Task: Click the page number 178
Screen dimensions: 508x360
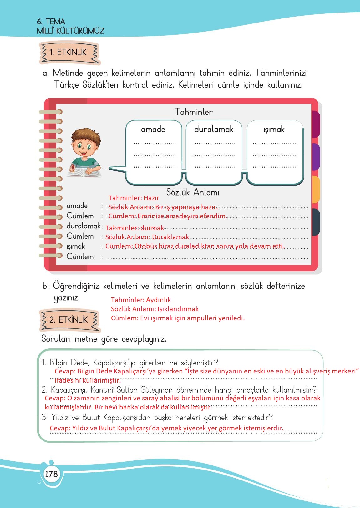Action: click(51, 474)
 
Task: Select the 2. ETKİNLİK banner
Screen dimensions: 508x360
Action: click(69, 319)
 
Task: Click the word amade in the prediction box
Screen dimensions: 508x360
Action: click(153, 129)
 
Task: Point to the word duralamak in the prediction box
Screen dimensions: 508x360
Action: click(214, 129)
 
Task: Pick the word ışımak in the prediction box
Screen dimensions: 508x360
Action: click(274, 130)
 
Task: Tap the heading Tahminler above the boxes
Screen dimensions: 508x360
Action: click(194, 112)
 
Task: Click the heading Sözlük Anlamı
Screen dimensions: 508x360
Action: click(192, 192)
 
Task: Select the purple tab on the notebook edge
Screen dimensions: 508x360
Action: click(316, 157)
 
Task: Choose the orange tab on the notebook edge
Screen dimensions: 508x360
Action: click(316, 189)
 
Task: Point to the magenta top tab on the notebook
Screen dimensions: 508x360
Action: click(316, 124)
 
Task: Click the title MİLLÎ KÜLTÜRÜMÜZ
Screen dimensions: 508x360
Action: click(70, 31)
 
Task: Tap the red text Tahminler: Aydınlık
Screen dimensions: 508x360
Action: click(141, 300)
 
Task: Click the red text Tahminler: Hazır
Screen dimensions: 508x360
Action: click(134, 198)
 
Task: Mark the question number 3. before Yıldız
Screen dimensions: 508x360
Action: click(44, 417)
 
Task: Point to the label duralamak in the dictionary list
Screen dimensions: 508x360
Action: click(83, 226)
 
